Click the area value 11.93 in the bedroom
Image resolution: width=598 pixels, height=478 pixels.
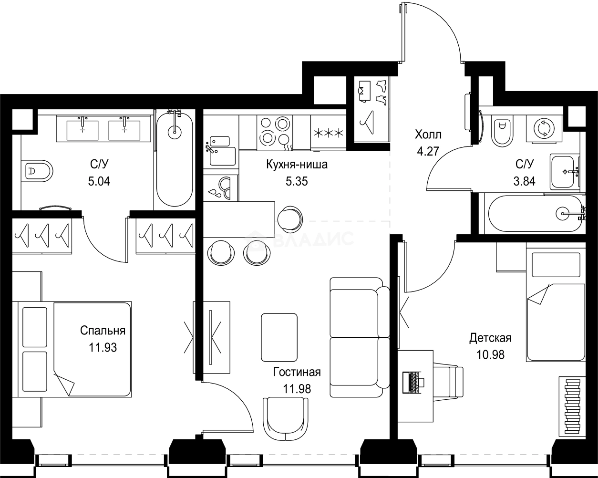(103, 348)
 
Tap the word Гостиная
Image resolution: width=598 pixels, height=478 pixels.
(297, 372)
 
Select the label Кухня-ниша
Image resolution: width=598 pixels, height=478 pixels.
(297, 165)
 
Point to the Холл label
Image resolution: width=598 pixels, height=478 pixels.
(428, 135)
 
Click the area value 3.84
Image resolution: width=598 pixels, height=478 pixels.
(525, 181)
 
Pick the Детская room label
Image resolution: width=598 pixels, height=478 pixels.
(490, 338)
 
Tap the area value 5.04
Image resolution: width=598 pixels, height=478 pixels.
(99, 182)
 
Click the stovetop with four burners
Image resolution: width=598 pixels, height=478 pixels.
(275, 133)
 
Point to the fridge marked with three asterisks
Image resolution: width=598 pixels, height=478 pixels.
(329, 133)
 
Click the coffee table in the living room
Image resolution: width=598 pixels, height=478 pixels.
(279, 337)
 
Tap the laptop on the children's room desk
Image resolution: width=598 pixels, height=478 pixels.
(413, 382)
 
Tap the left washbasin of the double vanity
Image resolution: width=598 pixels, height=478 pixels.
(82, 130)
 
